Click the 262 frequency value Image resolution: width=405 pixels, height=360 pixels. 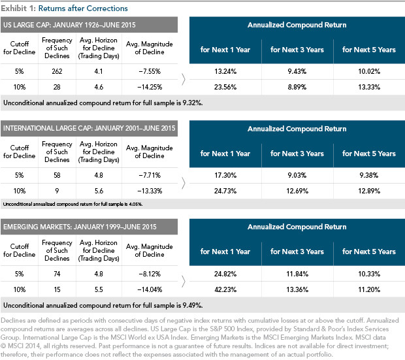tap(57, 71)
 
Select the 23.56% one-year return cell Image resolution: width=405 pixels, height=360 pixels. tap(225, 87)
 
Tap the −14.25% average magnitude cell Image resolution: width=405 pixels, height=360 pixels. tap(150, 87)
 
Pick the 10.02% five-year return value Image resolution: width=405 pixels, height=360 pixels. tap(369, 71)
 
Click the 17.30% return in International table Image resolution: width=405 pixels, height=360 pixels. tap(225, 175)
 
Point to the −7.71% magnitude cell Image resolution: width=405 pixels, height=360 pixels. tap(150, 175)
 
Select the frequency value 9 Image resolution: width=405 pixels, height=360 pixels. tap(57, 191)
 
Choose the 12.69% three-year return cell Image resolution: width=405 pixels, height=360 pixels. tap(297, 191)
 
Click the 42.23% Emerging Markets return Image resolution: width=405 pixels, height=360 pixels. tap(225, 289)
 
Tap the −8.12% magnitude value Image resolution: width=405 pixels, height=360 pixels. tap(150, 274)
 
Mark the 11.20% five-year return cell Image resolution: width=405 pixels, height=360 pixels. tap(369, 289)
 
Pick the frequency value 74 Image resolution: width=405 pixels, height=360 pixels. tap(57, 274)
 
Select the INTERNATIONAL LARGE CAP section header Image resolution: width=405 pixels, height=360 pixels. tap(89, 128)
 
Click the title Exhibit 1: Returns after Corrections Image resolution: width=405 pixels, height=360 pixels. tap(64, 8)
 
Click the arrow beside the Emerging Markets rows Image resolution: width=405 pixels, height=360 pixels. tap(184, 282)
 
